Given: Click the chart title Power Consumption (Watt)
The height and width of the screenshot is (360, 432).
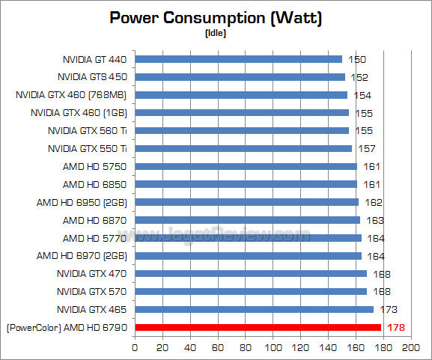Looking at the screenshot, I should tap(216, 18).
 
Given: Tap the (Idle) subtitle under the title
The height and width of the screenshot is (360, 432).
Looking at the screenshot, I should tap(216, 33).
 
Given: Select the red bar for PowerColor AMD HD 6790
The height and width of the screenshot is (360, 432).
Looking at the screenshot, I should tap(258, 327).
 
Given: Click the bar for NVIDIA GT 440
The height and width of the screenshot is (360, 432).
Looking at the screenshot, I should tap(238, 58).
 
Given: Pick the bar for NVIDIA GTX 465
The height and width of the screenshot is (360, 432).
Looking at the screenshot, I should tap(254, 309).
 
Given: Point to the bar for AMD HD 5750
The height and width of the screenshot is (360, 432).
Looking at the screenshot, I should tap(246, 166).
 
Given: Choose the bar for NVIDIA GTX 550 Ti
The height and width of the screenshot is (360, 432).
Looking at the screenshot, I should tap(243, 148).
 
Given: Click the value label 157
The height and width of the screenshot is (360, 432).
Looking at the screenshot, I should tap(366, 148).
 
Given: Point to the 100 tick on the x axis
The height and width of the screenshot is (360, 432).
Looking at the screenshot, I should tap(273, 348).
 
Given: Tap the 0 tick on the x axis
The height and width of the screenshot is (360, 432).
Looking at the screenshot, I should tap(135, 348).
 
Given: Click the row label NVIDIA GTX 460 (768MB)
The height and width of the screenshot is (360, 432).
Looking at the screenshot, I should tap(72, 94).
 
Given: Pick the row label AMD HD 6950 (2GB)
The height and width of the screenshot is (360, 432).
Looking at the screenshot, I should tap(82, 202).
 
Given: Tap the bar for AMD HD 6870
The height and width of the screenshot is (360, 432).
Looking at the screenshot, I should tap(247, 220).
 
